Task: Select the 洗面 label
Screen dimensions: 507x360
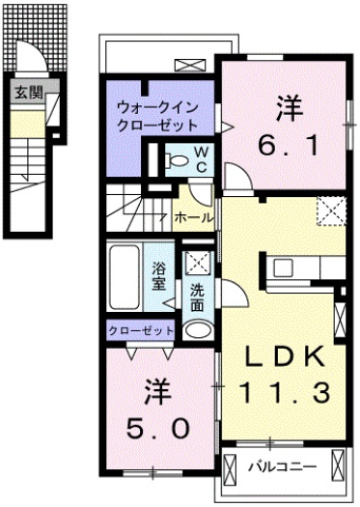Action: pyautogui.click(x=197, y=297)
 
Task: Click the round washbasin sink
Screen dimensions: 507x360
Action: pyautogui.click(x=196, y=330)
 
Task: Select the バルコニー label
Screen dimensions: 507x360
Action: pyautogui.click(x=281, y=465)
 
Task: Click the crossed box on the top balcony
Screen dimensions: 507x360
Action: pyautogui.click(x=187, y=67)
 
